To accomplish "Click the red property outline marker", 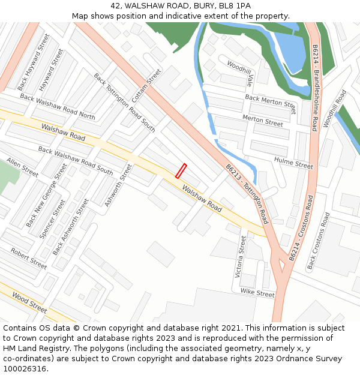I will click(x=181, y=171).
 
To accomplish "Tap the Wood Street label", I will click(x=29, y=302).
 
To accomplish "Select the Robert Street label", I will click(x=28, y=259).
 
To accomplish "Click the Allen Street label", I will click(x=22, y=168).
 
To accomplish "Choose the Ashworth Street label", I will click(x=118, y=186).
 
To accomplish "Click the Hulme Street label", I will click(x=293, y=162).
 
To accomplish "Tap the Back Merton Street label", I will click(x=270, y=104).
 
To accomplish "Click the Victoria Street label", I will click(x=241, y=257).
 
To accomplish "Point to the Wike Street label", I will click(x=257, y=293).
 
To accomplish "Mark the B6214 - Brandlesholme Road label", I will click(x=314, y=88).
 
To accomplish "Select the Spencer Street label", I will click(x=52, y=220).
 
